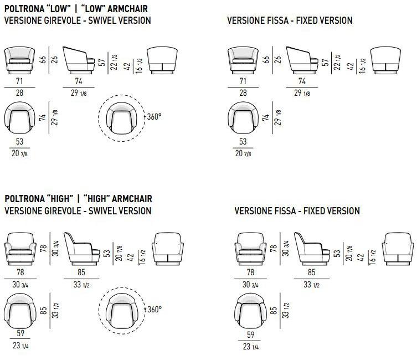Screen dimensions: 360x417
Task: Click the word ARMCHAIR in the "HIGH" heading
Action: point(130,199)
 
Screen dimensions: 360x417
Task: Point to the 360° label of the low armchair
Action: point(153,117)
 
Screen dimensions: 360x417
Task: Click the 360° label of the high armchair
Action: point(153,308)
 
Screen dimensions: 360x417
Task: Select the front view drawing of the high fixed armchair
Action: point(250,247)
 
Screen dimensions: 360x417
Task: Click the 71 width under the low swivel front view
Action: point(20,81)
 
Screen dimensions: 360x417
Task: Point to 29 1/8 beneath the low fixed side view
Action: point(301,93)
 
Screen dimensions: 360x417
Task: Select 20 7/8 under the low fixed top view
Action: point(243,153)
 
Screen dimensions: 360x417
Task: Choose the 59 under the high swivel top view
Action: point(20,334)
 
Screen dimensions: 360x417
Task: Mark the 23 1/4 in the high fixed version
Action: point(250,347)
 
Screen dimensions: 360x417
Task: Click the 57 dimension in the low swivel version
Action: point(101,61)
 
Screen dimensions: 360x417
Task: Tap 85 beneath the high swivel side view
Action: point(81,272)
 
